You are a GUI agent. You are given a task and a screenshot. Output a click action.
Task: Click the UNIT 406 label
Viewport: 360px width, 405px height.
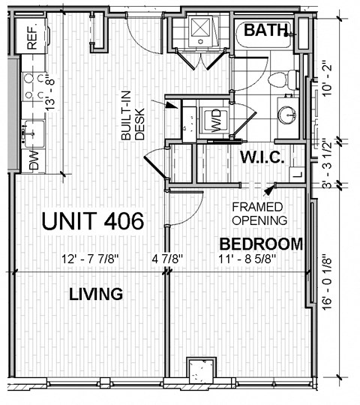point(93,220)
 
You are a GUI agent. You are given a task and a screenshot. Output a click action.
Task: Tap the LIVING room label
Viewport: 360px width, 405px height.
point(96,294)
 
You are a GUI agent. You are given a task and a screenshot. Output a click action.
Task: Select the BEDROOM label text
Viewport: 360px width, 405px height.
point(261,244)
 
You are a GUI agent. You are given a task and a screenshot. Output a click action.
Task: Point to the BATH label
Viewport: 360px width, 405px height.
point(265,30)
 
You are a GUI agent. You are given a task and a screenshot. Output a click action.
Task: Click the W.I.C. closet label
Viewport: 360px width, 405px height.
point(262,157)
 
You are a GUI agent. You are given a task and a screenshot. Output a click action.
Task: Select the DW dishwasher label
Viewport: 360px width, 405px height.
point(34,160)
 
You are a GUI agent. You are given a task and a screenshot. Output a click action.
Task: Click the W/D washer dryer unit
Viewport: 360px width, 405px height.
point(215,121)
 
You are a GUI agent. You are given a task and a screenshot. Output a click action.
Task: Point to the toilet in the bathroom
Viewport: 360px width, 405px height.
point(283,79)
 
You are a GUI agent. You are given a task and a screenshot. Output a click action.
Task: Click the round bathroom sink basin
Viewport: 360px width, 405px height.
point(286,115)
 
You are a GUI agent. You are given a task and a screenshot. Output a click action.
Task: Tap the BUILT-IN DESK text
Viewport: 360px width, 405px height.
point(133,115)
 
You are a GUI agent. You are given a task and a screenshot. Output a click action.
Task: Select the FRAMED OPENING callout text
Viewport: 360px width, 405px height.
point(259,214)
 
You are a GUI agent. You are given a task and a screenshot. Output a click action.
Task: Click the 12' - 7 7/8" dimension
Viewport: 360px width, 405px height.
point(91,259)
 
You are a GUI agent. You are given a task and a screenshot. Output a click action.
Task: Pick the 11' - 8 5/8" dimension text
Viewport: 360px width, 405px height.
point(248,259)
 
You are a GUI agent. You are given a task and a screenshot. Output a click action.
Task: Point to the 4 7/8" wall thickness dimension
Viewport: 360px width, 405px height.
point(167,259)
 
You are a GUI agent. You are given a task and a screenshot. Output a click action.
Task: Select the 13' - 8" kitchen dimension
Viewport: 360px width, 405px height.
point(50,92)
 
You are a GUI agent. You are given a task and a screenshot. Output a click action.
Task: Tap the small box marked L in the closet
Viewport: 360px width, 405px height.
point(297,175)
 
